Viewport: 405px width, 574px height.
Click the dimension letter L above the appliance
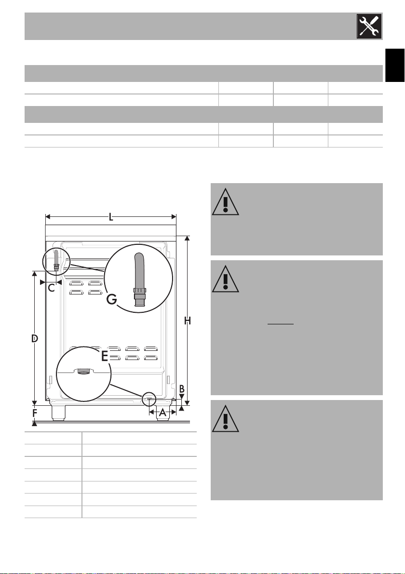point(111,217)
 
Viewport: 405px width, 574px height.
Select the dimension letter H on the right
point(188,321)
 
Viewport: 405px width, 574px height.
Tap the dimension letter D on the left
point(34,339)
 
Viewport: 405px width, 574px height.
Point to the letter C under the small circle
point(51,288)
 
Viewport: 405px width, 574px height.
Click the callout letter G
point(112,300)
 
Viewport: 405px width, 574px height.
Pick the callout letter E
point(105,356)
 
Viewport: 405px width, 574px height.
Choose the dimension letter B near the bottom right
point(182,389)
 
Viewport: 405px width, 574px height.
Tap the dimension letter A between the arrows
point(162,413)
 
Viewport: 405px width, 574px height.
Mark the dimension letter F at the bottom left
point(35,414)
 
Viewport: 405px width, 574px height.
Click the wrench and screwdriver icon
point(369,27)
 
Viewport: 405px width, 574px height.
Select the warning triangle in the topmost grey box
point(226,202)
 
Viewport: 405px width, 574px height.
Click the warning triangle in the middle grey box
point(226,279)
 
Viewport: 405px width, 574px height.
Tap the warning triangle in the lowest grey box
point(226,419)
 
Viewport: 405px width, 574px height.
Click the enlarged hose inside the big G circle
point(139,280)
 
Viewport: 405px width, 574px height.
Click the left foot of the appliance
point(59,413)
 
